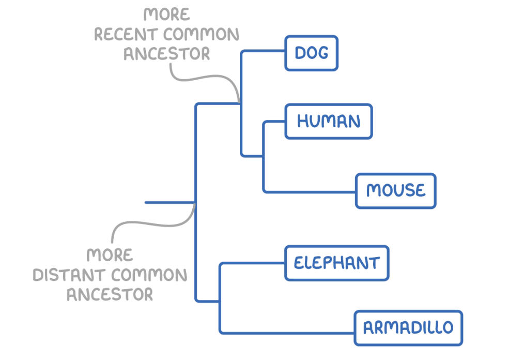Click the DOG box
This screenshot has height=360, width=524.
pos(311,53)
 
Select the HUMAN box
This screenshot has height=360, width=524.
pos(329,122)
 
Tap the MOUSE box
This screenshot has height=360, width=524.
pos(396,191)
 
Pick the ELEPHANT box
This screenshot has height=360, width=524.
pos(336,263)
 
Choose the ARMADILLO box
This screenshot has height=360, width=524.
pos(408,328)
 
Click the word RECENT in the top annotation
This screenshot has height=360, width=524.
pos(126,35)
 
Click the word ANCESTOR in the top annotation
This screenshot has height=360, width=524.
pos(166,54)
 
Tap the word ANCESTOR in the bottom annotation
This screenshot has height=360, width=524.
pos(110,294)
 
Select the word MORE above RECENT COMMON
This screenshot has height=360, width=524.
pos(166,14)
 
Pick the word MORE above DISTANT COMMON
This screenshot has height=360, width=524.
pos(110,256)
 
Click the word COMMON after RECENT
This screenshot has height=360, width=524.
pos(201,35)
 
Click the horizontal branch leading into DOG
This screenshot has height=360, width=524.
pos(263,51)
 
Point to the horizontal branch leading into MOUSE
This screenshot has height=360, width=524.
pos(310,192)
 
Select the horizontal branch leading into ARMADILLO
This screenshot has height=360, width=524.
pos(287,332)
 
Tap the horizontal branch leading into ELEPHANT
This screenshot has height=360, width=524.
pos(253,263)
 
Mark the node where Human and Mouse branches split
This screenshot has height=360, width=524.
pos(264,156)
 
